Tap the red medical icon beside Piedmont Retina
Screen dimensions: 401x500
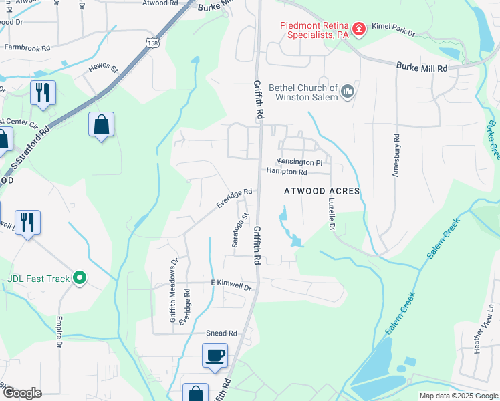pyautogui.click(x=359, y=28)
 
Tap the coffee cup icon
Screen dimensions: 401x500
pyautogui.click(x=215, y=355)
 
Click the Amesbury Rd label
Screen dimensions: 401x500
pyautogui.click(x=396, y=160)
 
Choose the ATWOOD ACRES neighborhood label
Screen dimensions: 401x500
pyautogui.click(x=322, y=191)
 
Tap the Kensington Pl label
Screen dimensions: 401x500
pyautogui.click(x=300, y=162)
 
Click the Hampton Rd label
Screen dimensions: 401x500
pyautogui.click(x=287, y=172)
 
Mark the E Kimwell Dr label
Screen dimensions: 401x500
pyautogui.click(x=231, y=285)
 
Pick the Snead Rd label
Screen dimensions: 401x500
pyautogui.click(x=222, y=333)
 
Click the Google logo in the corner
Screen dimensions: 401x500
pyautogui.click(x=22, y=393)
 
